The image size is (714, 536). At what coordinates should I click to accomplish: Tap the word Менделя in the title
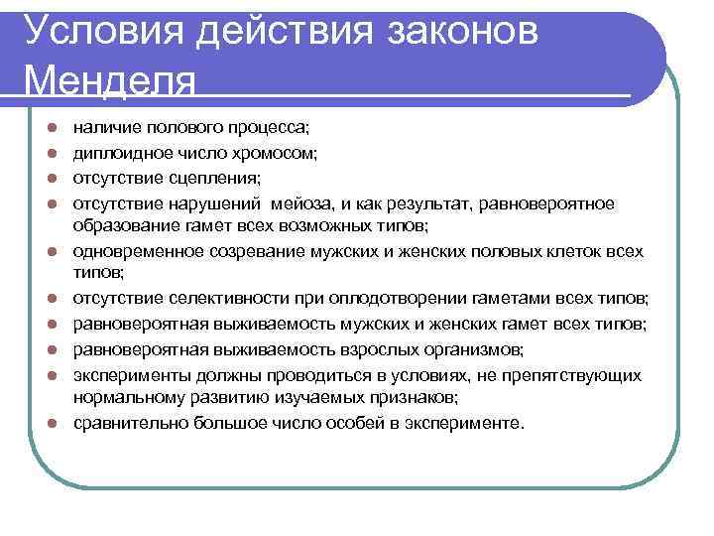[109, 78]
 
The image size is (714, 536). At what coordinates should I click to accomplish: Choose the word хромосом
[275, 154]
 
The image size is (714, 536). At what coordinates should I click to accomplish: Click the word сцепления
[223, 179]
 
